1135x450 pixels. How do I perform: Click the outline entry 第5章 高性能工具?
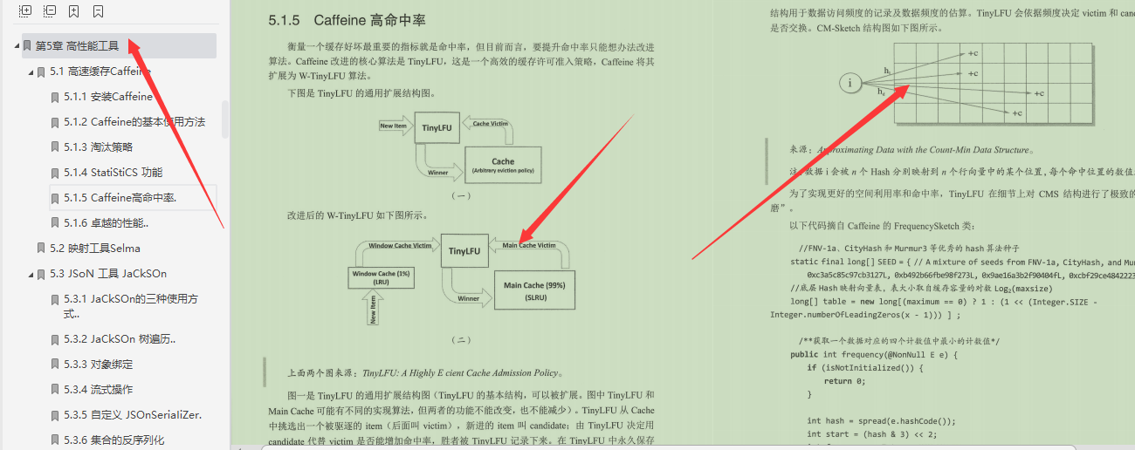[77, 46]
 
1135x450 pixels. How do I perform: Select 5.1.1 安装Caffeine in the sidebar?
[108, 97]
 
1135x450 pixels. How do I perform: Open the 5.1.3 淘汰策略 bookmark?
[98, 147]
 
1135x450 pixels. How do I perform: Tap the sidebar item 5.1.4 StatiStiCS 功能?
[113, 173]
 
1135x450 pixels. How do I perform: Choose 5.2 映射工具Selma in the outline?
[94, 249]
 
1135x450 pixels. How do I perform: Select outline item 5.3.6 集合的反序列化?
[113, 440]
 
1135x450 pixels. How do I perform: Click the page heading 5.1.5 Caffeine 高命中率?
[347, 20]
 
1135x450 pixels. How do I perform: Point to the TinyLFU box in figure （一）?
[436, 127]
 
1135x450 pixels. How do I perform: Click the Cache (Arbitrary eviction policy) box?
[503, 165]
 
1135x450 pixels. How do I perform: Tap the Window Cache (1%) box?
[382, 277]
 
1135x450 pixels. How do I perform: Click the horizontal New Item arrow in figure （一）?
[394, 126]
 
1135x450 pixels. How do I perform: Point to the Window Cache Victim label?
[400, 246]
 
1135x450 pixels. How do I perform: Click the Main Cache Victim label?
[529, 246]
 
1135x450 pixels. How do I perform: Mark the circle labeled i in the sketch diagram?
[850, 83]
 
